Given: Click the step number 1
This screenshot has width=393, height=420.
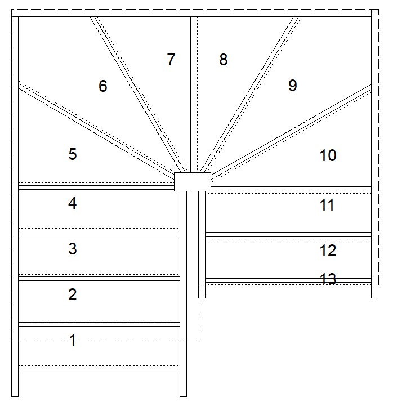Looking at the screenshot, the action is (x=73, y=340).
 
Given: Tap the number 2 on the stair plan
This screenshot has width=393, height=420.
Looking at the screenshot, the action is (x=72, y=294).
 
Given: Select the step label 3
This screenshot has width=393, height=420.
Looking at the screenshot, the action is (x=73, y=249).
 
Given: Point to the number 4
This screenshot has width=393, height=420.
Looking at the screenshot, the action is (x=72, y=203).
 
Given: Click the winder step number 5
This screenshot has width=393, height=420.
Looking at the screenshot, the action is (x=73, y=154).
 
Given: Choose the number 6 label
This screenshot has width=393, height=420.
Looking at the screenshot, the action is (x=103, y=86).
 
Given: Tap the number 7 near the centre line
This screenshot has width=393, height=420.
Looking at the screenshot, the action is (x=171, y=59).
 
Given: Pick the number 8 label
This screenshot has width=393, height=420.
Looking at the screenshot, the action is (x=224, y=60).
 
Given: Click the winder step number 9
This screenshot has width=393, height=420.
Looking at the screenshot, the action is (x=293, y=86).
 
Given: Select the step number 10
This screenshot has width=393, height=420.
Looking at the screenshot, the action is (x=328, y=155).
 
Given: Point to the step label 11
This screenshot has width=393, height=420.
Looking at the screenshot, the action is (x=327, y=205).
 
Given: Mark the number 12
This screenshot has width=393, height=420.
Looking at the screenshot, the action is (x=328, y=251).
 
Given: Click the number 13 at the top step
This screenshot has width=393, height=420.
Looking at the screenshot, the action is (x=328, y=279).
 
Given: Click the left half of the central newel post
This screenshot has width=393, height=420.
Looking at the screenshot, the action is (x=184, y=182).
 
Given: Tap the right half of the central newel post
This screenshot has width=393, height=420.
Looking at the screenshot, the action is (x=202, y=182).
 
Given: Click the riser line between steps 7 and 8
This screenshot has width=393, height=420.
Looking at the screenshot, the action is (x=193, y=95).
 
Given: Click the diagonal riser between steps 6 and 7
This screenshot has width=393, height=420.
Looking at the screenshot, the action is (x=138, y=95).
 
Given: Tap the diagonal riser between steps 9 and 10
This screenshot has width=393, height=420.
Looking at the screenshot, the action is (x=291, y=131).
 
